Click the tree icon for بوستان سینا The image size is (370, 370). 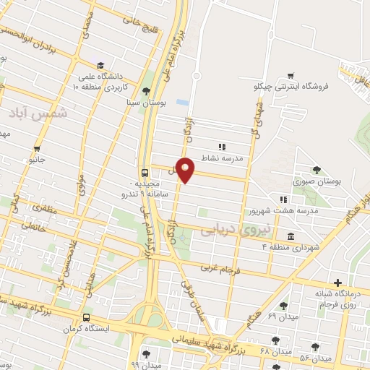click(x=147, y=90)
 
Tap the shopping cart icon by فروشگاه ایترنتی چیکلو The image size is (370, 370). click(x=291, y=75)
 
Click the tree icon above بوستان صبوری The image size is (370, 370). click(x=317, y=169)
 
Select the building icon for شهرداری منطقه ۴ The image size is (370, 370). click(x=291, y=236)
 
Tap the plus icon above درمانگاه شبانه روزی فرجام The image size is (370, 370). click(x=337, y=283)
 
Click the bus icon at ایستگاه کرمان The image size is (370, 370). click(x=87, y=317)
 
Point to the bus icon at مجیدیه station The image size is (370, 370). click(x=145, y=173)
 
